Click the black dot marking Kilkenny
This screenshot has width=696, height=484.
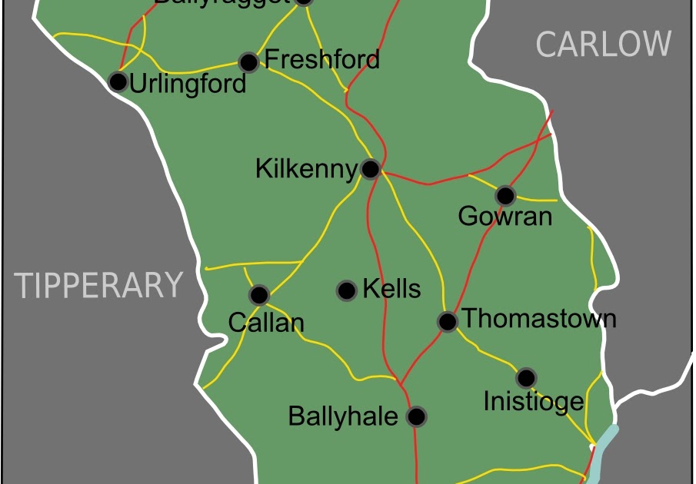pos(370,169)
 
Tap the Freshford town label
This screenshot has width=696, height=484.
pos(321,59)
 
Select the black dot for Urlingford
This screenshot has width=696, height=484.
pos(118,81)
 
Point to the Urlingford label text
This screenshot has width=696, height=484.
pos(188,84)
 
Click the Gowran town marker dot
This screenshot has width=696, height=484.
pos(505,195)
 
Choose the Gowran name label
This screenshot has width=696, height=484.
pos(505,217)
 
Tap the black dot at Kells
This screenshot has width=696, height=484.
pos(347,290)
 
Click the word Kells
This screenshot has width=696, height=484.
pos(391,289)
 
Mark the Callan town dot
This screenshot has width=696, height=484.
pos(259,295)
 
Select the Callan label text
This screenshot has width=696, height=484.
pos(266,323)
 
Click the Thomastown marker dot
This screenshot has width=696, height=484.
pos(448,321)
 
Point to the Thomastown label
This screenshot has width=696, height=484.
pos(540,318)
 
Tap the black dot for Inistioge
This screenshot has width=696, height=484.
pos(526,378)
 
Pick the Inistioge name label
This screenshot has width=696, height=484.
pos(533,401)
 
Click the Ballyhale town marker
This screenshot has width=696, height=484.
pos(416,416)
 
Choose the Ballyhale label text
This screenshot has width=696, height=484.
pos(343,416)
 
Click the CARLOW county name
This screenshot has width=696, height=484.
pos(603,44)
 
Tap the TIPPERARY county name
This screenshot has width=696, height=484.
pos(100,285)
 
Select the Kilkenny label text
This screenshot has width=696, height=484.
pos(306,169)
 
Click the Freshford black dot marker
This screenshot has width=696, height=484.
pos(248,61)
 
